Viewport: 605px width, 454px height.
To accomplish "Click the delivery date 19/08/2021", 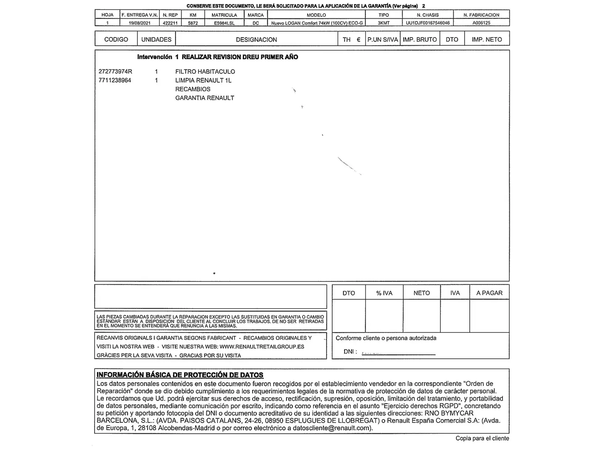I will [x=139, y=23].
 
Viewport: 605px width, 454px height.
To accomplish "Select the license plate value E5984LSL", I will [x=224, y=23].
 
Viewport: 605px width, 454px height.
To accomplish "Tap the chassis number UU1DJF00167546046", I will [x=428, y=23].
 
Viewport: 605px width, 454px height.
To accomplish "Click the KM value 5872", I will [x=193, y=23].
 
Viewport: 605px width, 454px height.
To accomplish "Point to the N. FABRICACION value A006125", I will [x=481, y=23].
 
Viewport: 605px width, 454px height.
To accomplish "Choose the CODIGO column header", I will [x=116, y=40].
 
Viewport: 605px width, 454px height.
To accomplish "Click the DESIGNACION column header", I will [x=256, y=40].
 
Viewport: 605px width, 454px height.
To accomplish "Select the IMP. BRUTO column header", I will [x=420, y=40].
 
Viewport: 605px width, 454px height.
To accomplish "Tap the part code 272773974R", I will [x=115, y=71].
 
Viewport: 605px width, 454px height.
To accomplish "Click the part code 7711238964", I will [x=115, y=80].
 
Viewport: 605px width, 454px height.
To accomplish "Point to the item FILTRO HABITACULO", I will [x=205, y=71].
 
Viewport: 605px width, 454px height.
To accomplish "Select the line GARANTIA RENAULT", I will [x=205, y=98].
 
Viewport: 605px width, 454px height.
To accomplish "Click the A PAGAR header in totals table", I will [x=489, y=293].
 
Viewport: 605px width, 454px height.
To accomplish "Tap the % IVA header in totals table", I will [x=384, y=293].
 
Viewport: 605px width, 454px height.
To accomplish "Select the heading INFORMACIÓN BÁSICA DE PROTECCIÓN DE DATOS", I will [x=180, y=375].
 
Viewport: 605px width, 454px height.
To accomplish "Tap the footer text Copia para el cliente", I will [x=482, y=438].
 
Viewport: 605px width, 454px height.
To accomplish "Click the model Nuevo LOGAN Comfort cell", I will [x=317, y=23].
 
